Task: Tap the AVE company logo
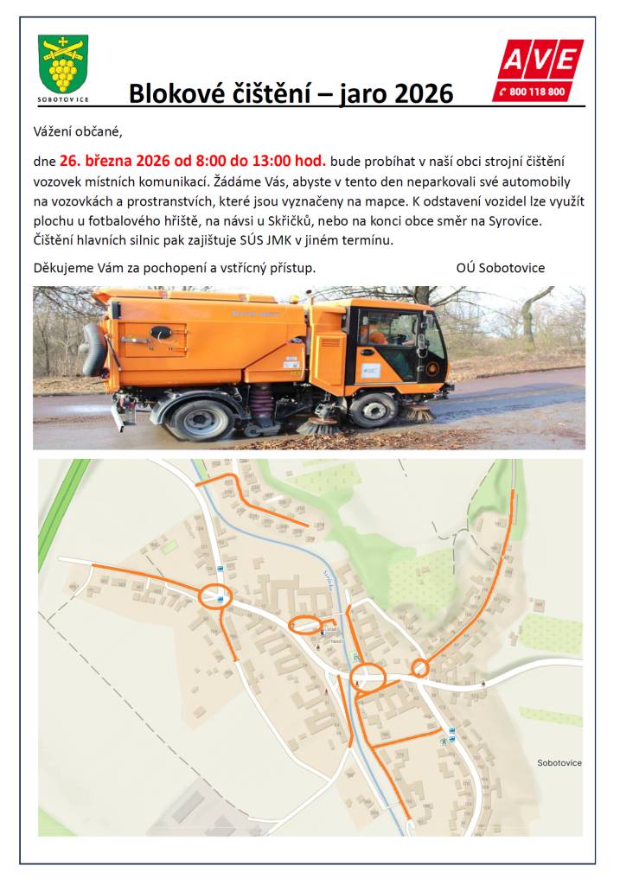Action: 538,60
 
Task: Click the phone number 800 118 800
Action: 537,92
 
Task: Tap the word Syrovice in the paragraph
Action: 515,220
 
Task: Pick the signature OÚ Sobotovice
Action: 500,267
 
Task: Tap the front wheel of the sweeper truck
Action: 374,409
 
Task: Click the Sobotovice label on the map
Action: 559,763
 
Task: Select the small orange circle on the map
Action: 420,667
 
